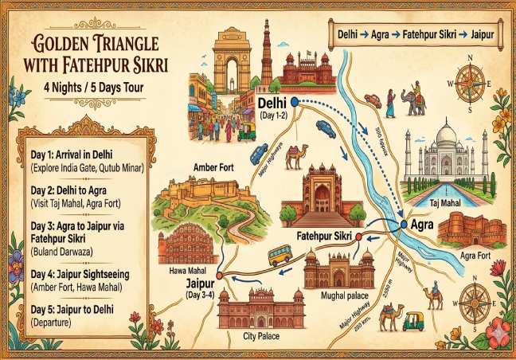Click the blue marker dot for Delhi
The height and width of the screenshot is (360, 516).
tap(294, 102)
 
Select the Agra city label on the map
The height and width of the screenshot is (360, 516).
tap(420, 225)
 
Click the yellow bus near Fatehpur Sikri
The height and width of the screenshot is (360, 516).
tap(279, 254)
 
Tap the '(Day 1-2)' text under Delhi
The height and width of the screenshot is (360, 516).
tap(276, 115)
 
